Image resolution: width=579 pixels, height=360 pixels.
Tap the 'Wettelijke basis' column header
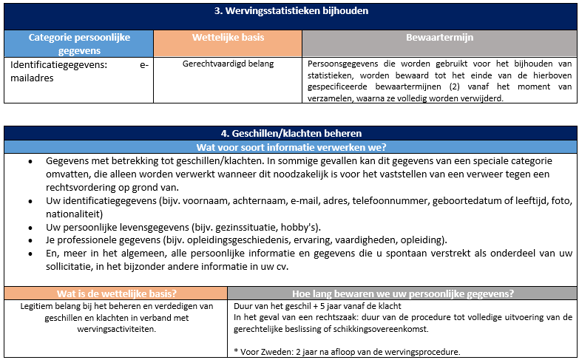point(228,37)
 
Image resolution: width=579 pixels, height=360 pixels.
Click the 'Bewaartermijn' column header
point(439,37)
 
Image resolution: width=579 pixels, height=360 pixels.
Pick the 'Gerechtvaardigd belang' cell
point(228,64)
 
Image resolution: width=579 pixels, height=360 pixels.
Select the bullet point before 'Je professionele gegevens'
point(29,240)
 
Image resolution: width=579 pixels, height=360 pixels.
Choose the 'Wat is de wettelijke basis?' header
point(115,292)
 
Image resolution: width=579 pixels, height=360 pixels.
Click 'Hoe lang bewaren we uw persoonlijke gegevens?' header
point(403,292)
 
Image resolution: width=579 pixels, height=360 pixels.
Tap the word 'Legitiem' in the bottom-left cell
point(37,305)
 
